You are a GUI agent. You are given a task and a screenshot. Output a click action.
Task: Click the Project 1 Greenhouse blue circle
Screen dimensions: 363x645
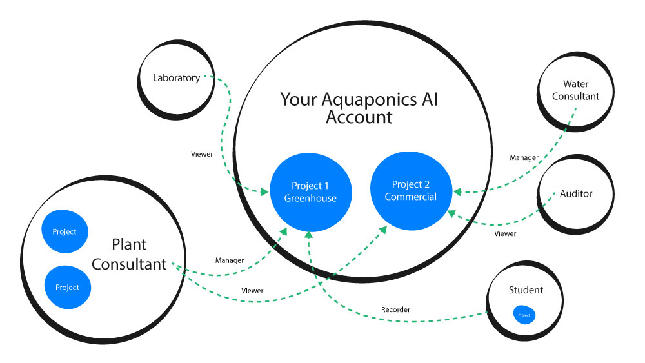[310, 192]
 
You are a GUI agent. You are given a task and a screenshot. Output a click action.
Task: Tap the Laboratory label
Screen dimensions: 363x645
[176, 78]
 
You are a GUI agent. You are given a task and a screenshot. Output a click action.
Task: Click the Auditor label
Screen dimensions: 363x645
[575, 193]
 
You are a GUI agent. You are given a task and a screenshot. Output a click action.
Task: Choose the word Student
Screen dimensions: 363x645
[526, 290]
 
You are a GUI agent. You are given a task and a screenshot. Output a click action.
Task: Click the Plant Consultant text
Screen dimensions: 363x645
[129, 255]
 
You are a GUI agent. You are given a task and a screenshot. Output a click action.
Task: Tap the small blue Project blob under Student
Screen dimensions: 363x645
[524, 315]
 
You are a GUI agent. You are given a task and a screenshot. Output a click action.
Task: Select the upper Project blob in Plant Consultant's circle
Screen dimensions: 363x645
[64, 231]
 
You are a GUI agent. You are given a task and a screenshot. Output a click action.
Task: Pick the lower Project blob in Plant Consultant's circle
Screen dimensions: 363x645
[67, 288]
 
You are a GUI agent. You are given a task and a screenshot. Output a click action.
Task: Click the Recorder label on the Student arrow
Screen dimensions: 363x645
[395, 310]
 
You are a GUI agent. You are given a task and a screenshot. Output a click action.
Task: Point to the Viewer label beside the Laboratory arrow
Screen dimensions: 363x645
[202, 154]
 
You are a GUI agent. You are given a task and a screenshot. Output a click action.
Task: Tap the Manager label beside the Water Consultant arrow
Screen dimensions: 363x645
[523, 157]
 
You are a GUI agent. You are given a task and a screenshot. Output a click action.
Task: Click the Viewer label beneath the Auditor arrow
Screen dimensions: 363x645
[505, 233]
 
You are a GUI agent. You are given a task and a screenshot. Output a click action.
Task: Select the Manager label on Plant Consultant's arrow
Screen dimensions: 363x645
[229, 260]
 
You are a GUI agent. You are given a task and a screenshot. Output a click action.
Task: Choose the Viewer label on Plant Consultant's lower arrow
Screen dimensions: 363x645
[252, 291]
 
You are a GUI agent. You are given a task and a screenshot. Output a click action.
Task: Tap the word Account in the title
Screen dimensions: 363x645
[359, 117]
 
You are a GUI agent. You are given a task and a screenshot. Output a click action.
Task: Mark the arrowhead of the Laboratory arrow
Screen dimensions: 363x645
[265, 191]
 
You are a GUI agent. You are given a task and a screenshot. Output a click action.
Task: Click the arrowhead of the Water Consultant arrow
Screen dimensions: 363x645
[457, 191]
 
